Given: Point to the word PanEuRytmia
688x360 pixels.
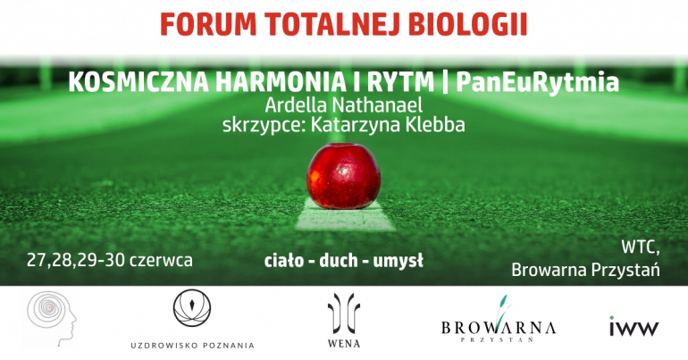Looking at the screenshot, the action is (538, 82).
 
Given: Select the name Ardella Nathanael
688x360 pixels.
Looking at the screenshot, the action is (344, 105).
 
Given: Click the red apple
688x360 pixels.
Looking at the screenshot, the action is (344, 176).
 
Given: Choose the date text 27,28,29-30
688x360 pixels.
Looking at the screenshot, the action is (76, 261).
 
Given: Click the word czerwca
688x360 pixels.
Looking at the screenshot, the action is (161, 261).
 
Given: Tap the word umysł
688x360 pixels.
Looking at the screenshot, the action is (398, 262).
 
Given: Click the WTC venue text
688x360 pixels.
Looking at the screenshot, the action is (640, 248).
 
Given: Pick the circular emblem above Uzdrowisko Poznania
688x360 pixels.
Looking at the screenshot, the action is (192, 308).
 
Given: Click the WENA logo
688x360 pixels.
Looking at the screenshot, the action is (344, 321).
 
